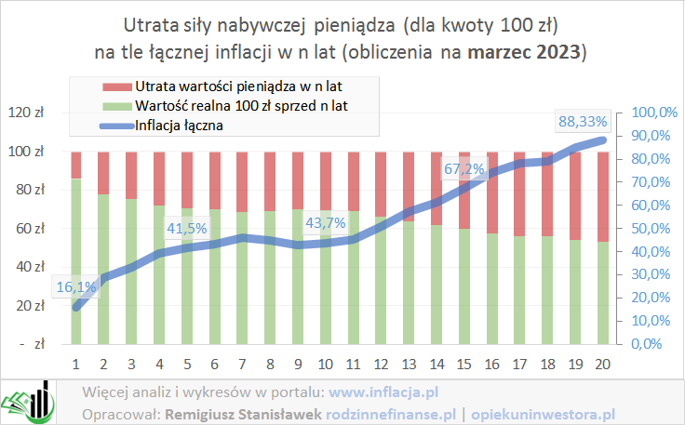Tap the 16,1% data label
point(75,287)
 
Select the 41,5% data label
point(187,228)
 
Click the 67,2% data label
point(463,169)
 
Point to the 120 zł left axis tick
point(33,113)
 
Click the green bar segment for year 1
point(76,260)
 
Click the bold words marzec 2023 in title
point(534,50)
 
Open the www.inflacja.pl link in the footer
point(383,392)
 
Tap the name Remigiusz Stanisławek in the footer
point(245,413)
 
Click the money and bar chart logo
point(28,401)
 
